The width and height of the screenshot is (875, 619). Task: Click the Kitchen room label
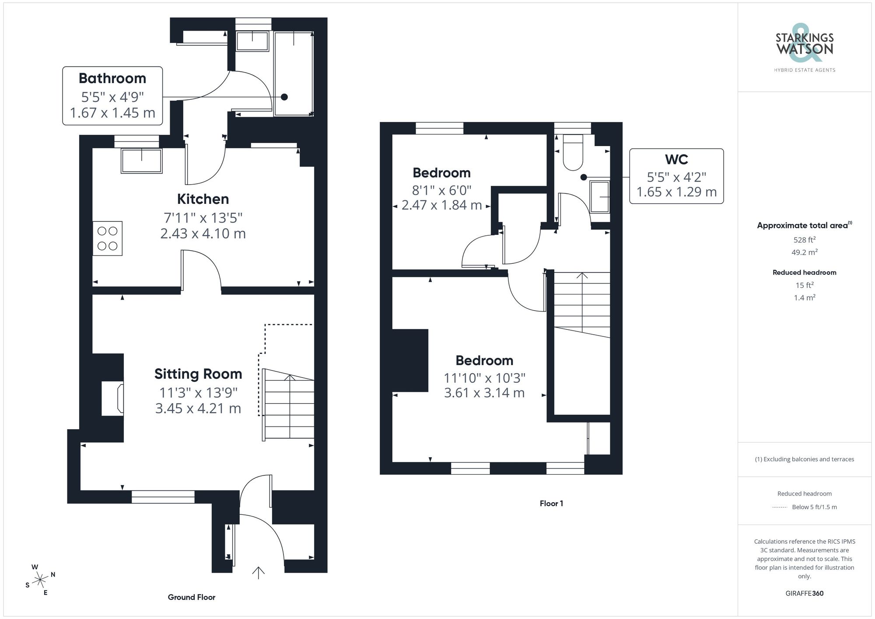(203, 199)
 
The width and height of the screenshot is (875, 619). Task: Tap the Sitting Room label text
(198, 374)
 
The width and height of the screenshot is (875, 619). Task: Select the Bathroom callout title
(112, 79)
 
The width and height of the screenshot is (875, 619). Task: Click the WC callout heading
(676, 160)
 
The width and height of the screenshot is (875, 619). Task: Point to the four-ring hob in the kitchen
(107, 238)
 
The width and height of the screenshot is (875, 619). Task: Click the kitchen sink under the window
(142, 161)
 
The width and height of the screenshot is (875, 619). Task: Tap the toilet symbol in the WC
(573, 153)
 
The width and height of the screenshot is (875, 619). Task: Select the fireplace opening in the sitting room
(112, 398)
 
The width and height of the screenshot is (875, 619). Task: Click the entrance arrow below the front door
(259, 573)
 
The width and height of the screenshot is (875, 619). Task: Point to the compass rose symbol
(40, 580)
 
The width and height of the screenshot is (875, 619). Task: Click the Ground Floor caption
(192, 598)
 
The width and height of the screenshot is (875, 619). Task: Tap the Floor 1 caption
(551, 504)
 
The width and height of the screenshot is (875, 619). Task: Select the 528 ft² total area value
(804, 240)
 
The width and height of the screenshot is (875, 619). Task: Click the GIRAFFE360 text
(804, 594)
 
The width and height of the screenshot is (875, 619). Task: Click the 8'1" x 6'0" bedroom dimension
(441, 190)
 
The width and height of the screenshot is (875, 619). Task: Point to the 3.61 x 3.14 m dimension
(484, 393)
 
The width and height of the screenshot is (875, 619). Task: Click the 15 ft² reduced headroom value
(804, 285)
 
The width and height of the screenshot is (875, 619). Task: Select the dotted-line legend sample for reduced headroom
(780, 507)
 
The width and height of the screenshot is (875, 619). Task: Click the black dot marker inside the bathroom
(284, 97)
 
